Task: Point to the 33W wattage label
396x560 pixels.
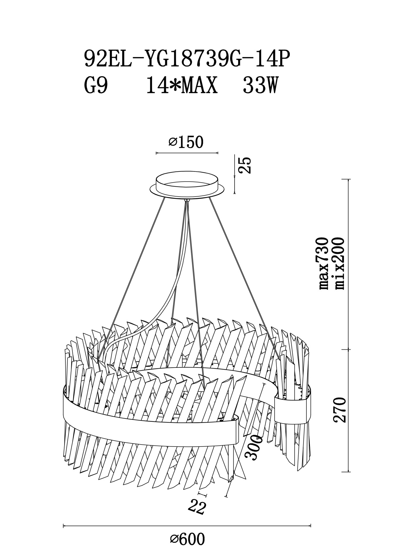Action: [259, 86]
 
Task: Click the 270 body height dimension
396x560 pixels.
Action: [340, 409]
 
